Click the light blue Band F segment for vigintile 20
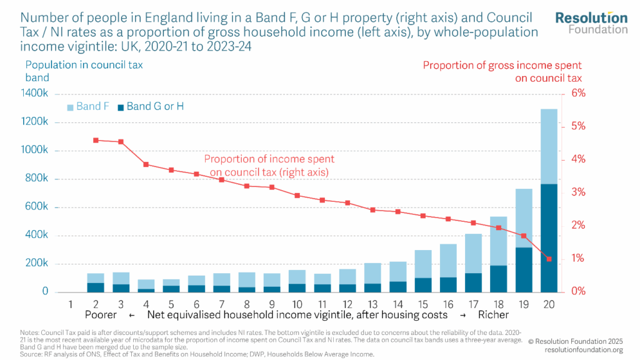pyautogui.click(x=549, y=146)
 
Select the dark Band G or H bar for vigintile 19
pyautogui.click(x=524, y=269)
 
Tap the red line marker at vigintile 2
pyautogui.click(x=96, y=140)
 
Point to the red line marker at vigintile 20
pyautogui.click(x=549, y=259)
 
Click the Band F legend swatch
pyautogui.click(x=71, y=107)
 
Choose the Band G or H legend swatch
pyautogui.click(x=120, y=107)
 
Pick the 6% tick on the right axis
pyautogui.click(x=579, y=93)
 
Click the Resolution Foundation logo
pyautogui.click(x=591, y=22)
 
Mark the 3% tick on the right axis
pyautogui.click(x=579, y=192)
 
